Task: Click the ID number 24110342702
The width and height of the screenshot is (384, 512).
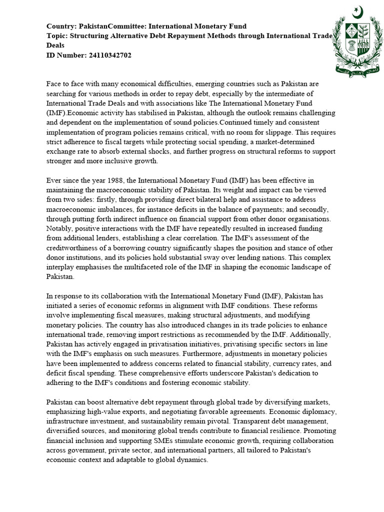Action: click(108, 55)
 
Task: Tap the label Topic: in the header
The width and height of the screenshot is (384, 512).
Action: click(57, 35)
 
